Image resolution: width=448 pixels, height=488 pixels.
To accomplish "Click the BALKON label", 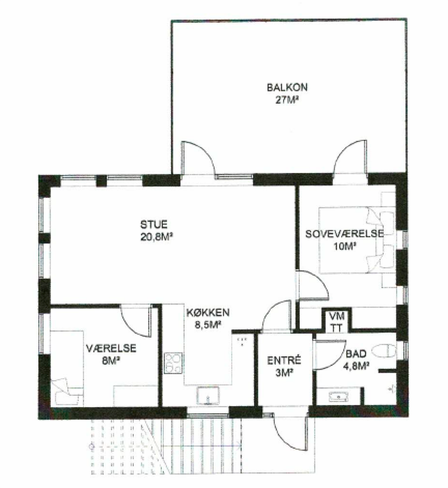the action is click(x=287, y=87).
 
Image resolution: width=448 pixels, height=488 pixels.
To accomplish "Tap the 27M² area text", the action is click(x=287, y=100).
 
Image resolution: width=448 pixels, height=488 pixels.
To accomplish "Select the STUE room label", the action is click(x=154, y=224).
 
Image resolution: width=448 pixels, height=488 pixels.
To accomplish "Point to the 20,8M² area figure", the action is click(x=157, y=237).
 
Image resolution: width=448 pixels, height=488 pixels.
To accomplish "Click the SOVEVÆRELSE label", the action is click(x=344, y=234).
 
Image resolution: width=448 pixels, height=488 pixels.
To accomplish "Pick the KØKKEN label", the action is click(x=208, y=312).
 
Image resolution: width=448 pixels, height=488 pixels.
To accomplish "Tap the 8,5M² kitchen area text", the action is click(x=208, y=325).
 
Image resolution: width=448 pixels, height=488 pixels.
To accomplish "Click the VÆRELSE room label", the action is click(x=111, y=348).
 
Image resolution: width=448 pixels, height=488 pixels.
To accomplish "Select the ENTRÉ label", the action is click(x=284, y=360).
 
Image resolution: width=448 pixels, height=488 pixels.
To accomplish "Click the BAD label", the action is click(x=356, y=354).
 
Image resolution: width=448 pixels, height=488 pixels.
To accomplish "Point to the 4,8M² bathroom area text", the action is click(x=356, y=366).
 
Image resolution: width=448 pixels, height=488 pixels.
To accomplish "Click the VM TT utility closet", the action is click(x=336, y=321).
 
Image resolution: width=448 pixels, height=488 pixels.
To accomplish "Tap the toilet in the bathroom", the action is click(x=385, y=351).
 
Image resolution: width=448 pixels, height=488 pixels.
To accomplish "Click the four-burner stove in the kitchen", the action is click(x=173, y=363).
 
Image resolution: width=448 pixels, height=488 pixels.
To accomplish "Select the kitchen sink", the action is click(x=208, y=395).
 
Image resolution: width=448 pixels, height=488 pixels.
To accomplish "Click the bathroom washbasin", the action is click(x=338, y=397).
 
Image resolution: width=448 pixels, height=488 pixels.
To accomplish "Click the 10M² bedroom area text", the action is click(x=344, y=247).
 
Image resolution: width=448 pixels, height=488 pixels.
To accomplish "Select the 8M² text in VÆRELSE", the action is click(x=111, y=361).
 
